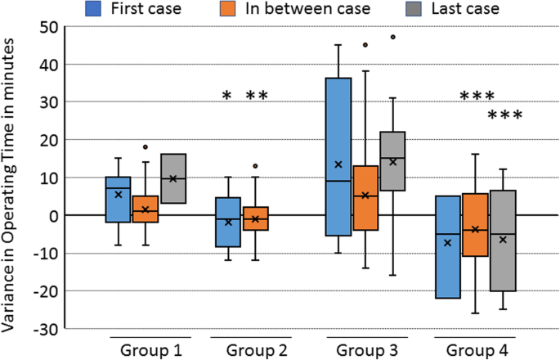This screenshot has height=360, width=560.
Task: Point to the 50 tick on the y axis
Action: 52,26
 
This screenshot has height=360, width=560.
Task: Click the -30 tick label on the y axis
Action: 48,329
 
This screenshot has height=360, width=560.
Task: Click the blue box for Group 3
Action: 338,155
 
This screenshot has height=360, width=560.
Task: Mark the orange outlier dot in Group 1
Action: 146,147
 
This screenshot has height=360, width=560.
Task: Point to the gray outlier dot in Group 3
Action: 393,37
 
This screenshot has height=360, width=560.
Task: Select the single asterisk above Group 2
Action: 227,97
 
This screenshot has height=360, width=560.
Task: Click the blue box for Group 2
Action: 228,222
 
